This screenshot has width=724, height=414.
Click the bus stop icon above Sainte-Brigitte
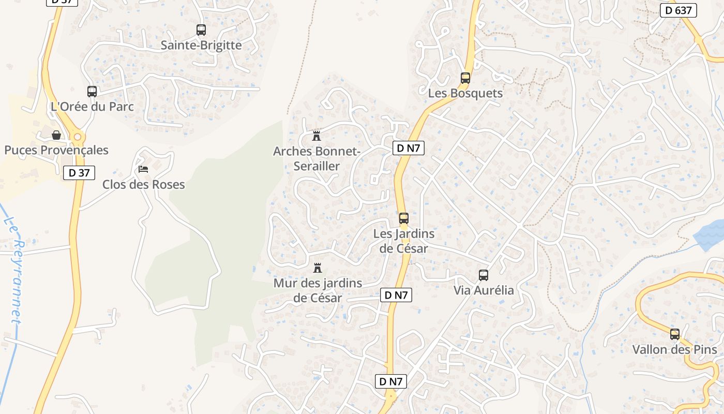[201, 30]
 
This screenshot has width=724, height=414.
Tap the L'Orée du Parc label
[92, 107]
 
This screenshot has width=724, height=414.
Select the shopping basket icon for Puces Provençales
[56, 135]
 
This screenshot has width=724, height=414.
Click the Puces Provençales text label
[56, 150]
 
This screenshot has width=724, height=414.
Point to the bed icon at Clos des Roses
[143, 169]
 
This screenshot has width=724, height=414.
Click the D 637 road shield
[678, 10]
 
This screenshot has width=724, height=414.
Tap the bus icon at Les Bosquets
[465, 78]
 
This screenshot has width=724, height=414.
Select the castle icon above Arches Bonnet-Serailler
[316, 136]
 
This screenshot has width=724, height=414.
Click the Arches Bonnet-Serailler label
[316, 159]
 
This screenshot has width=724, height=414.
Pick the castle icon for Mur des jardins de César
[318, 268]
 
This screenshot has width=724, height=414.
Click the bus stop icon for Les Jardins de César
[403, 218]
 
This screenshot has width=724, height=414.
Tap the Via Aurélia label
[484, 290]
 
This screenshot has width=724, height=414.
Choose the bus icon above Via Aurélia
[484, 275]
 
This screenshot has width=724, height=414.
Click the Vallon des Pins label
[674, 349]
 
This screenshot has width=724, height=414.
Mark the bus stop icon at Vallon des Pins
[674, 334]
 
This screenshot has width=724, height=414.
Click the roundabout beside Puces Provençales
[78, 137]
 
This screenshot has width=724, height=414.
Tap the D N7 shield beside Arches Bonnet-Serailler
[409, 149]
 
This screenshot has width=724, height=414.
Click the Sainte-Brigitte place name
[201, 45]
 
